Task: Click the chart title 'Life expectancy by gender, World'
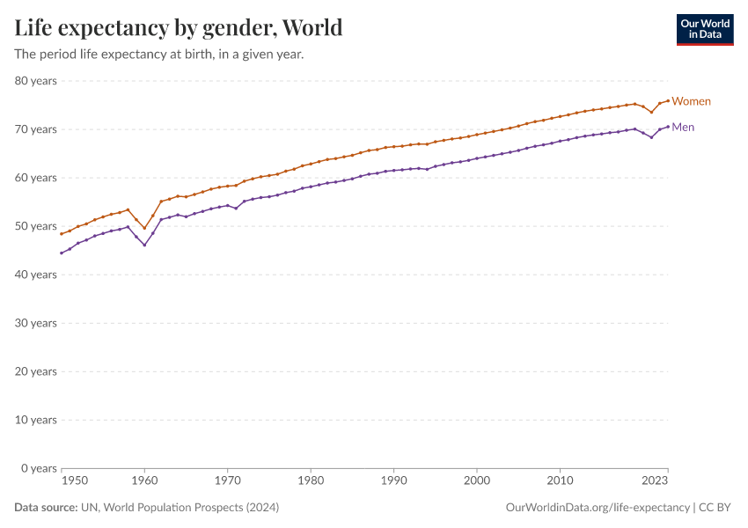(179, 28)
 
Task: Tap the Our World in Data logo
(704, 29)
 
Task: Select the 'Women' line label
(691, 101)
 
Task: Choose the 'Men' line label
(683, 127)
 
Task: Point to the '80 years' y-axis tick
(36, 81)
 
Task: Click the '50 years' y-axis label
(36, 226)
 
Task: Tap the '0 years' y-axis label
(39, 468)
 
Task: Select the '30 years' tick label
(36, 323)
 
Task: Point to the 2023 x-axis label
(655, 481)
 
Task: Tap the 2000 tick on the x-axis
(477, 481)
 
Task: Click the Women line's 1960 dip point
(144, 228)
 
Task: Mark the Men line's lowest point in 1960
(144, 245)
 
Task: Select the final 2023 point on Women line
(668, 100)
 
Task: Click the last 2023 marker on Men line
(668, 126)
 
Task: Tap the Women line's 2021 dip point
(651, 112)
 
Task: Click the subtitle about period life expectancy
(159, 55)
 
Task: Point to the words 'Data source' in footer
(45, 508)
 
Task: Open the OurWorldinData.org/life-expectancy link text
(598, 508)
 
